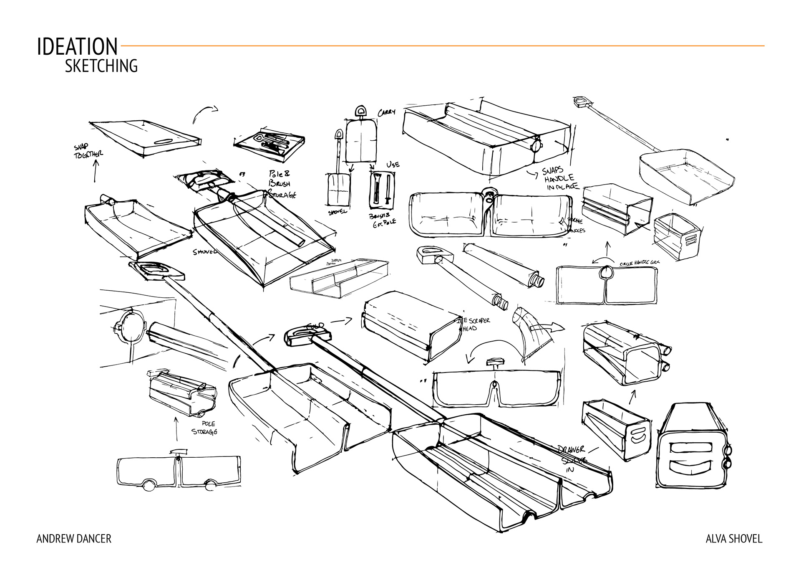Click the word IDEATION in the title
[77, 47]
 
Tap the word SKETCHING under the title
[101, 66]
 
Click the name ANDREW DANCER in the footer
[74, 539]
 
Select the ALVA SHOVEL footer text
[733, 539]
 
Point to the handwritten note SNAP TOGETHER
[88, 151]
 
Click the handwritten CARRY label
[386, 113]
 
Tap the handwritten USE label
[393, 165]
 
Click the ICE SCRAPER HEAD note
[474, 324]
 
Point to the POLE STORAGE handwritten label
[205, 428]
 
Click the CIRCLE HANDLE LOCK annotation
[639, 263]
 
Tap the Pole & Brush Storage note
[282, 184]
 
